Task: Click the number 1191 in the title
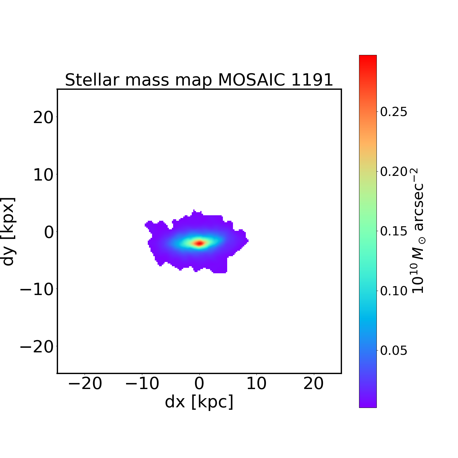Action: (x=312, y=80)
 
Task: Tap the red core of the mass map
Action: (x=199, y=243)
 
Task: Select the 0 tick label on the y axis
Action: (x=49, y=232)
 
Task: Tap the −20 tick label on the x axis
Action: (x=85, y=383)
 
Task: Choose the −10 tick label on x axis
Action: (x=142, y=383)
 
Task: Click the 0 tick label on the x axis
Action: (x=199, y=383)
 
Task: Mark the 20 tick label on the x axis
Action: (x=314, y=383)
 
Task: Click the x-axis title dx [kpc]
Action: (x=199, y=402)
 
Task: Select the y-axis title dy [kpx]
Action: (x=9, y=231)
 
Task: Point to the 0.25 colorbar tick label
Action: (x=394, y=112)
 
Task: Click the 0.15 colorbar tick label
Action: (x=394, y=231)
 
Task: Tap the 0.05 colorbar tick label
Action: (x=394, y=351)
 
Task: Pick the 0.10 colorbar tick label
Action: (x=394, y=291)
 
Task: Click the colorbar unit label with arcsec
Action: (x=418, y=231)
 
